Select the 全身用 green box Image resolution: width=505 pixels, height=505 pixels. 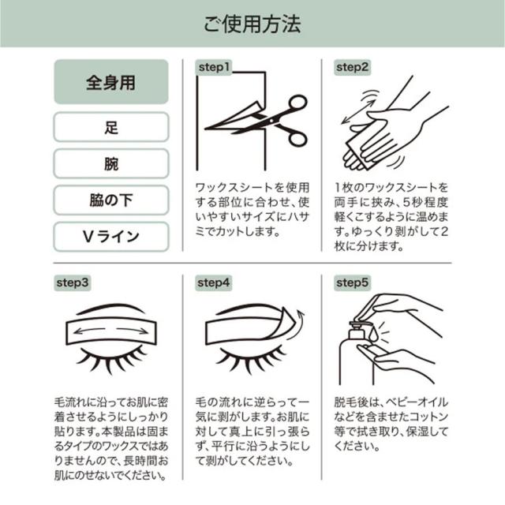(110, 82)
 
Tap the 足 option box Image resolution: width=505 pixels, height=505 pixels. (110, 127)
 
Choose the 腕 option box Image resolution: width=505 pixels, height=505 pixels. (110, 163)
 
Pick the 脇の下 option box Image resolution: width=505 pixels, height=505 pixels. (110, 200)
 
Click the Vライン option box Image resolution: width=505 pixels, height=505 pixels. (110, 236)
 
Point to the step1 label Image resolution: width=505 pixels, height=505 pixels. (213, 68)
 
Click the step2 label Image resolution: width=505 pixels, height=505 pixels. (353, 68)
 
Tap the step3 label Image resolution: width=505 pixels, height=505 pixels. (73, 282)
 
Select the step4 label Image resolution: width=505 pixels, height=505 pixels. (213, 282)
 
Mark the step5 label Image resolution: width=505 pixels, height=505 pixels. (353, 282)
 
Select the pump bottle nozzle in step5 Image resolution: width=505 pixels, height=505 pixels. (357, 321)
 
